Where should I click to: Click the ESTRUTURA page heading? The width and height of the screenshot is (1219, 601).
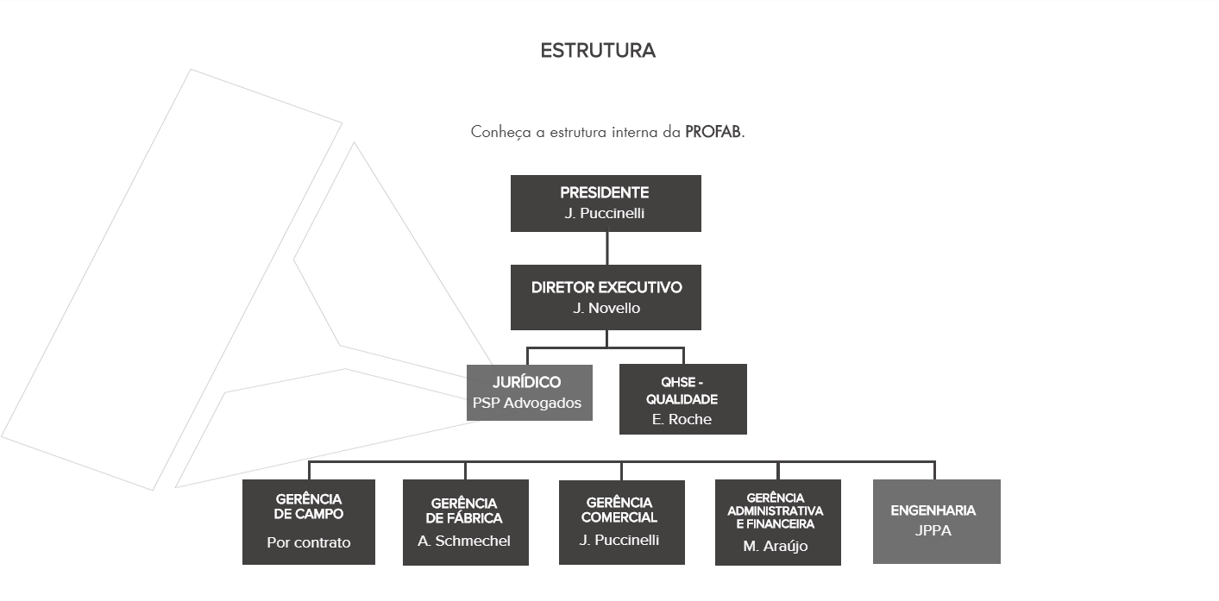point(598,51)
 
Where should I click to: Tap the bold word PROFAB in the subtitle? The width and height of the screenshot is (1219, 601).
point(713,132)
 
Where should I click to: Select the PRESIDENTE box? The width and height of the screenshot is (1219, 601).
point(606,203)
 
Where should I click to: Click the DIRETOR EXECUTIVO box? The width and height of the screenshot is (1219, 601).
point(606,297)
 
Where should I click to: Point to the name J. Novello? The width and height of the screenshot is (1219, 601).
point(606,309)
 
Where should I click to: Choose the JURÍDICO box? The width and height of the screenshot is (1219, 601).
point(530,392)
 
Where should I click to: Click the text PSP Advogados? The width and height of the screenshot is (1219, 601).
point(527,403)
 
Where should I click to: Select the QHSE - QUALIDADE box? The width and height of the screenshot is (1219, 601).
point(683,399)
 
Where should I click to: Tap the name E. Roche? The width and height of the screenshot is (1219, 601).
point(682,419)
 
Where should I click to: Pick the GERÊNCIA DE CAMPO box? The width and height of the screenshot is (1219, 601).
point(309,523)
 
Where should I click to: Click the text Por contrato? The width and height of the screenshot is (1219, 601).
point(309,542)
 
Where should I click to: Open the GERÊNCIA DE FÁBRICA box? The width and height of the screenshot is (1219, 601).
point(466,523)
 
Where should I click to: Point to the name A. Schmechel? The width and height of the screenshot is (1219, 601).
point(464,542)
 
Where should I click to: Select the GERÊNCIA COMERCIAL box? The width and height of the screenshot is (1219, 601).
point(622,523)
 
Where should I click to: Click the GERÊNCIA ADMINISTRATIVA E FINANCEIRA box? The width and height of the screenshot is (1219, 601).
point(778,523)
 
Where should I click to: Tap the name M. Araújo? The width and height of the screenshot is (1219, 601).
point(776,546)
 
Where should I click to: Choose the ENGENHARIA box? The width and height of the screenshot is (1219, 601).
point(937,522)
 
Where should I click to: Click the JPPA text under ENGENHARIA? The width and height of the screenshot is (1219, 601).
point(933,530)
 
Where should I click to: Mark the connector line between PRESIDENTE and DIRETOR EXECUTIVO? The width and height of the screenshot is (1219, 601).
point(606,248)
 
